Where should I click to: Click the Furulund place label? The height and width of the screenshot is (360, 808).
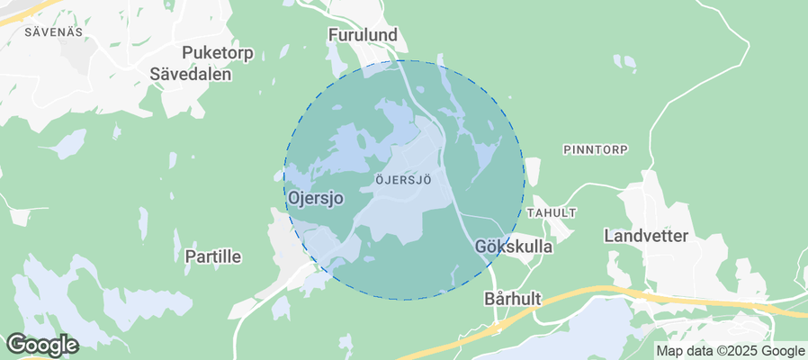coord(362,35)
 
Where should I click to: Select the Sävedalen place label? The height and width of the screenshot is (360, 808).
coord(191,75)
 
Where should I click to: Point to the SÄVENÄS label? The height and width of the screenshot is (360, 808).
coord(54,31)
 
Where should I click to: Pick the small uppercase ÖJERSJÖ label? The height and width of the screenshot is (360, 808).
coord(402,180)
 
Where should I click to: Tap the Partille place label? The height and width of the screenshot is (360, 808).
coord(212,256)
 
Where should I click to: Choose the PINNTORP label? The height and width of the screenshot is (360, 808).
coord(595,148)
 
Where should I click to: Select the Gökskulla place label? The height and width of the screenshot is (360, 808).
coord(513,245)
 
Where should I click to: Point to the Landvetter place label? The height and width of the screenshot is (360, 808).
coord(646,236)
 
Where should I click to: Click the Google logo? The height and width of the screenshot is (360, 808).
coord(41,345)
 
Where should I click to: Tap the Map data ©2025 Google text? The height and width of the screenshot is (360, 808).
coord(730,351)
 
